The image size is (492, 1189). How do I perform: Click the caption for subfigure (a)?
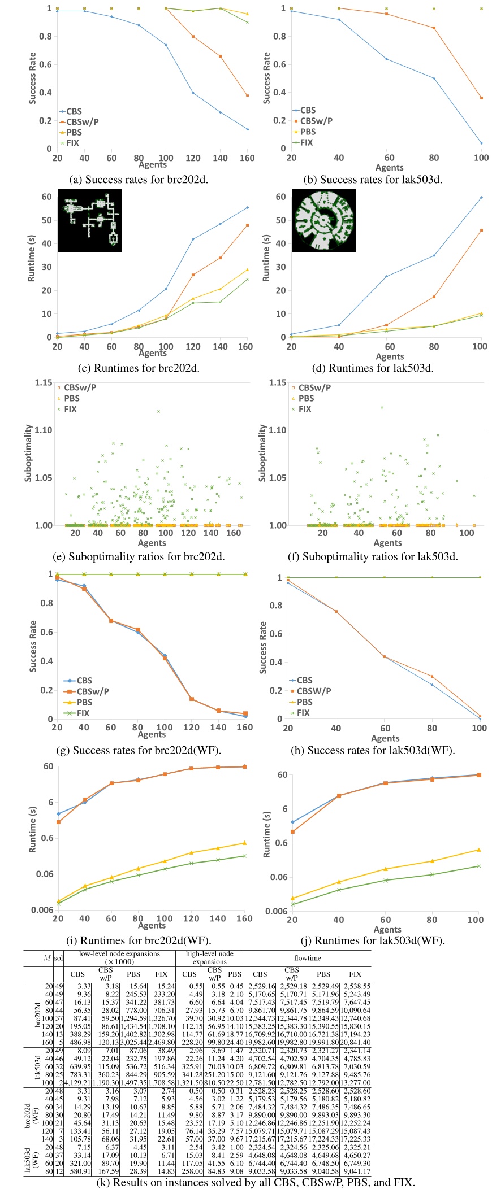pyautogui.click(x=146, y=180)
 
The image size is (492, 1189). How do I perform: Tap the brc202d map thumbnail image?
pyautogui.click(x=92, y=221)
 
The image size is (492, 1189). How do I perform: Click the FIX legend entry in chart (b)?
pyautogui.click(x=306, y=142)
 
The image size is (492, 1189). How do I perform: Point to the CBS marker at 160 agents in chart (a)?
pyautogui.click(x=247, y=129)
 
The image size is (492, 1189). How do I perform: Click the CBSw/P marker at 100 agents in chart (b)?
pyautogui.click(x=481, y=98)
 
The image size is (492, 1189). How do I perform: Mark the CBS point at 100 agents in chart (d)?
pyautogui.click(x=481, y=198)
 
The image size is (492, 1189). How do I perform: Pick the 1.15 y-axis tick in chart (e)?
pyautogui.click(x=44, y=382)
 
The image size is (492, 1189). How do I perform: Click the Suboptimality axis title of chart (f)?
pyautogui.click(x=262, y=454)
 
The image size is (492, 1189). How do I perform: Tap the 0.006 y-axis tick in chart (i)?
pyautogui.click(x=42, y=910)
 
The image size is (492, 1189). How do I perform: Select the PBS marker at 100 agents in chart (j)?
pyautogui.click(x=479, y=850)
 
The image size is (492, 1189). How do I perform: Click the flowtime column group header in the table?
pyautogui.click(x=307, y=958)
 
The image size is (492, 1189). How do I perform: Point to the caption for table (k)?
pyautogui.click(x=256, y=1182)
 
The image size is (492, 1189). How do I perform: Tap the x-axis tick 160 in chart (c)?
pyautogui.click(x=245, y=347)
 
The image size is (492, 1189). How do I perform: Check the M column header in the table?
pyautogui.click(x=48, y=958)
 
